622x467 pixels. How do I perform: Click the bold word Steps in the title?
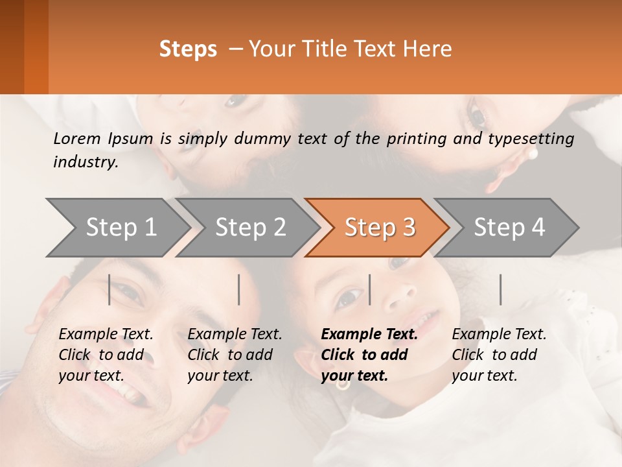[188, 49]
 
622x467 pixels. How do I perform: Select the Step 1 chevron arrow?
[117, 228]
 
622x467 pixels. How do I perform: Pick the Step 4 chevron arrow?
[509, 228]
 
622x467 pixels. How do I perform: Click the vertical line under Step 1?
[109, 289]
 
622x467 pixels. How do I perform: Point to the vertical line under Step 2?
[239, 289]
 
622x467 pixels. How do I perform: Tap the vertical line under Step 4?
[500, 289]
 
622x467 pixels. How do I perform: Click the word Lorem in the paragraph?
[77, 138]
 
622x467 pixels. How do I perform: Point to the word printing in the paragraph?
[415, 138]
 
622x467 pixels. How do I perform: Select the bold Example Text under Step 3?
[369, 335]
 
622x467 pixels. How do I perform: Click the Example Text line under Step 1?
[106, 335]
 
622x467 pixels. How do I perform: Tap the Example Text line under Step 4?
[499, 335]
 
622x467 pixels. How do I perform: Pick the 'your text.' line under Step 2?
[220, 376]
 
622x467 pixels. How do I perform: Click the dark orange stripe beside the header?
[36, 47]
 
